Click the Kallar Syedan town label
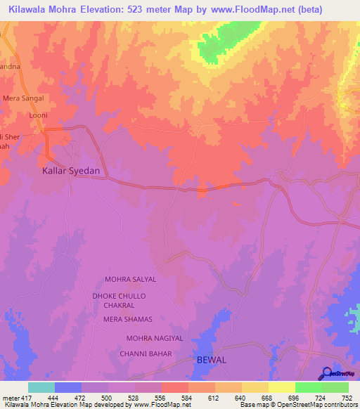(71, 171)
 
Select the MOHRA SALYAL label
(130, 279)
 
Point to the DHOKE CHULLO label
(119, 296)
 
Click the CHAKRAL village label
(119, 306)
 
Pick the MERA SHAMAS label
(128, 320)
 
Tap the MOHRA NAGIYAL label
(155, 338)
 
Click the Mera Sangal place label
(24, 98)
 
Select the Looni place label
(37, 115)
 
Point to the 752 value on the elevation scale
(347, 398)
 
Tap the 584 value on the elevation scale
(187, 398)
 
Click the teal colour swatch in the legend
(41, 387)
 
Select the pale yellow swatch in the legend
(281, 387)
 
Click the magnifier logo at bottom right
(326, 373)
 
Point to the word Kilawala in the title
(32, 11)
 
